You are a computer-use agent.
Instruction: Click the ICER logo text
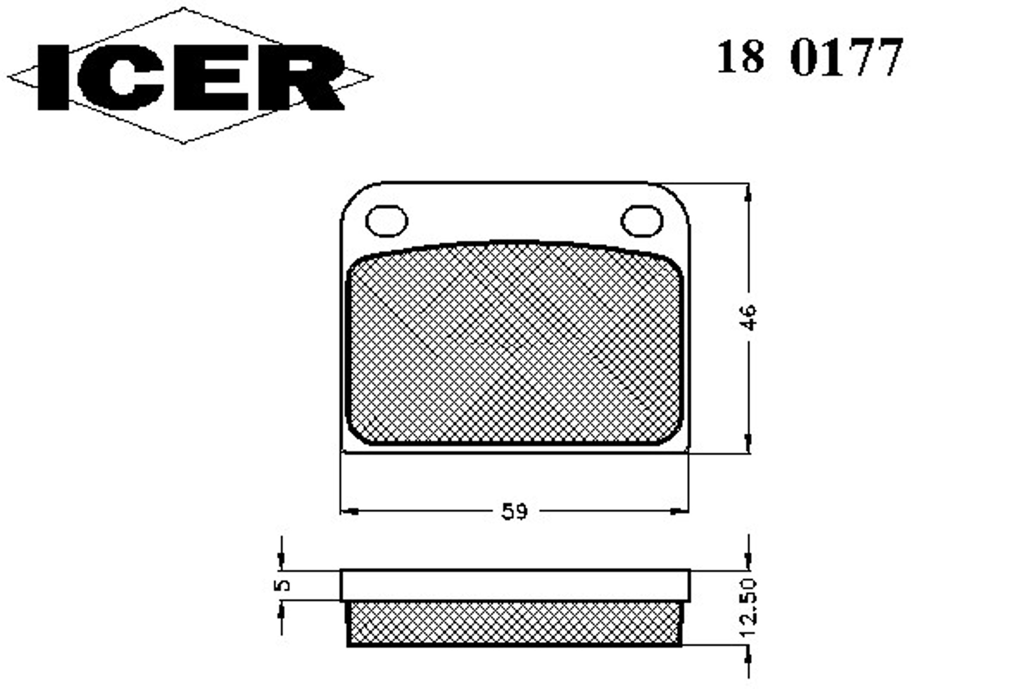(x=191, y=78)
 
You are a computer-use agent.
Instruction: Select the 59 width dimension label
(x=514, y=512)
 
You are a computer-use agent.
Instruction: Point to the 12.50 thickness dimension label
(x=748, y=608)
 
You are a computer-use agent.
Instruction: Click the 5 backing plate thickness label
(x=282, y=585)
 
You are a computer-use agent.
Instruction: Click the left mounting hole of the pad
(x=386, y=220)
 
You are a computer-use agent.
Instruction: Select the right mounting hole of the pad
(x=642, y=220)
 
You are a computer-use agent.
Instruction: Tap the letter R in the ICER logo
(x=301, y=78)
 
